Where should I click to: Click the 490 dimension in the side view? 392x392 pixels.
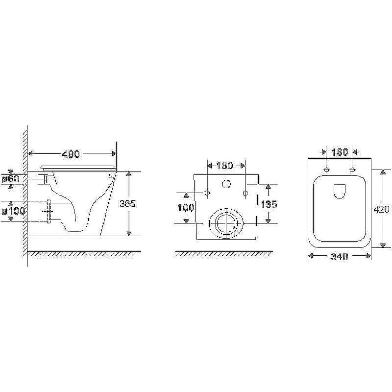(x=71, y=154)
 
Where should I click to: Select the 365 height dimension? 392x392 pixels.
(x=127, y=204)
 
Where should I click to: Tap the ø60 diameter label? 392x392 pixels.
(x=10, y=178)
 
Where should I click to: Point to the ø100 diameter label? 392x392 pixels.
(x=14, y=211)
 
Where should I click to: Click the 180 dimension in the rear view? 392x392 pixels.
(x=224, y=166)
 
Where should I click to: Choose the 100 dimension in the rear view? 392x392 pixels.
(x=186, y=207)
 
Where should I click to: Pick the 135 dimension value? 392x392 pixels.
(x=269, y=204)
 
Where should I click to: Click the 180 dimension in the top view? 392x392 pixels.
(x=340, y=152)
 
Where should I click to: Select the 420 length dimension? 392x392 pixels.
(x=382, y=209)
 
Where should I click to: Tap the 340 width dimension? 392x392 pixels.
(x=340, y=256)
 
